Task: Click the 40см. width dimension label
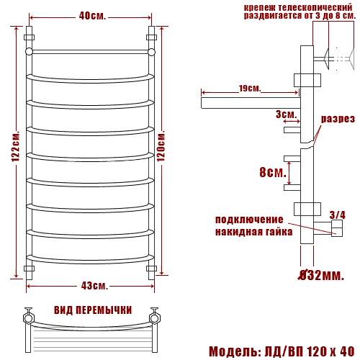92,16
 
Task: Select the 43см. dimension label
94,286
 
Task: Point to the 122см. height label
15,146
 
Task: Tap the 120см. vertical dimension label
161,146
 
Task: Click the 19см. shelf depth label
250,89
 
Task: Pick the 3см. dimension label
287,114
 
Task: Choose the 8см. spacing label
273,172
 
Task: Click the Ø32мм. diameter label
321,275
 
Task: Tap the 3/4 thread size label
338,215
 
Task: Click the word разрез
338,119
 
